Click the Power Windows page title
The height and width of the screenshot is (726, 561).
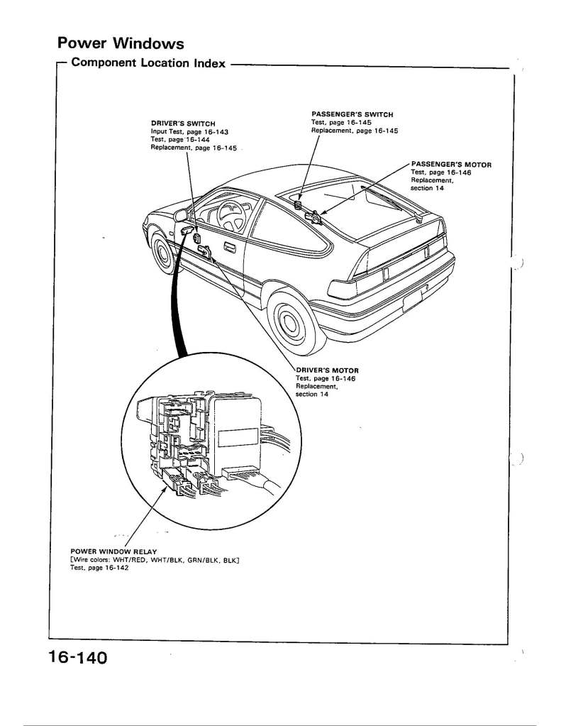pyautogui.click(x=121, y=43)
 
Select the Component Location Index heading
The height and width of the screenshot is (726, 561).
pyautogui.click(x=148, y=63)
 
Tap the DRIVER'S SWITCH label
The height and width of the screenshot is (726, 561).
pyautogui.click(x=183, y=123)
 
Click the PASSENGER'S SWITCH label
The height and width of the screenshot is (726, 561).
pyautogui.click(x=352, y=114)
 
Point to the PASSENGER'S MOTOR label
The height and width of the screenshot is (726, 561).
pyautogui.click(x=451, y=165)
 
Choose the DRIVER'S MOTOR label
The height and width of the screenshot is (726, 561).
pyautogui.click(x=327, y=370)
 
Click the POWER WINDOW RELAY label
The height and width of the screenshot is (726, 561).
pyautogui.click(x=113, y=551)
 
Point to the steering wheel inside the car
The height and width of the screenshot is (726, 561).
pyautogui.click(x=231, y=216)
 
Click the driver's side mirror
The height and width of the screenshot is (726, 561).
pyautogui.click(x=181, y=215)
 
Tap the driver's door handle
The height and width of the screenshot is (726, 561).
pyautogui.click(x=230, y=248)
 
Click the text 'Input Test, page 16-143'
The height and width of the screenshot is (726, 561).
pyautogui.click(x=189, y=132)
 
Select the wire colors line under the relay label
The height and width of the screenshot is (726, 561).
pyautogui.click(x=155, y=560)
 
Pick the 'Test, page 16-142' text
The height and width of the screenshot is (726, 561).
pyautogui.click(x=99, y=568)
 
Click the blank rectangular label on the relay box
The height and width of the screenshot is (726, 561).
pyautogui.click(x=238, y=438)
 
